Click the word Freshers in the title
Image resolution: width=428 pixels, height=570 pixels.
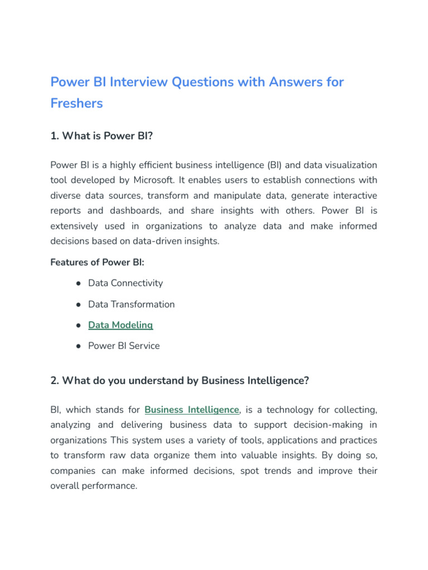pyautogui.click(x=76, y=104)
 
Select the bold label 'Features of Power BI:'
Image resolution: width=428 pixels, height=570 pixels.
pyautogui.click(x=98, y=262)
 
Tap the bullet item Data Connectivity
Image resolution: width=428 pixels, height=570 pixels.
pyautogui.click(x=125, y=283)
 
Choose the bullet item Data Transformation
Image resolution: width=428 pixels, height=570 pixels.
pyautogui.click(x=131, y=304)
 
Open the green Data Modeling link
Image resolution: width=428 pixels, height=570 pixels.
pyautogui.click(x=120, y=325)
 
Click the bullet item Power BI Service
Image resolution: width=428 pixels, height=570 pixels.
pyautogui.click(x=124, y=346)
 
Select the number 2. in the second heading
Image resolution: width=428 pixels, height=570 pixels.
pyautogui.click(x=55, y=380)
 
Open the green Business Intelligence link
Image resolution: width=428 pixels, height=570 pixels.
pyautogui.click(x=192, y=410)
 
